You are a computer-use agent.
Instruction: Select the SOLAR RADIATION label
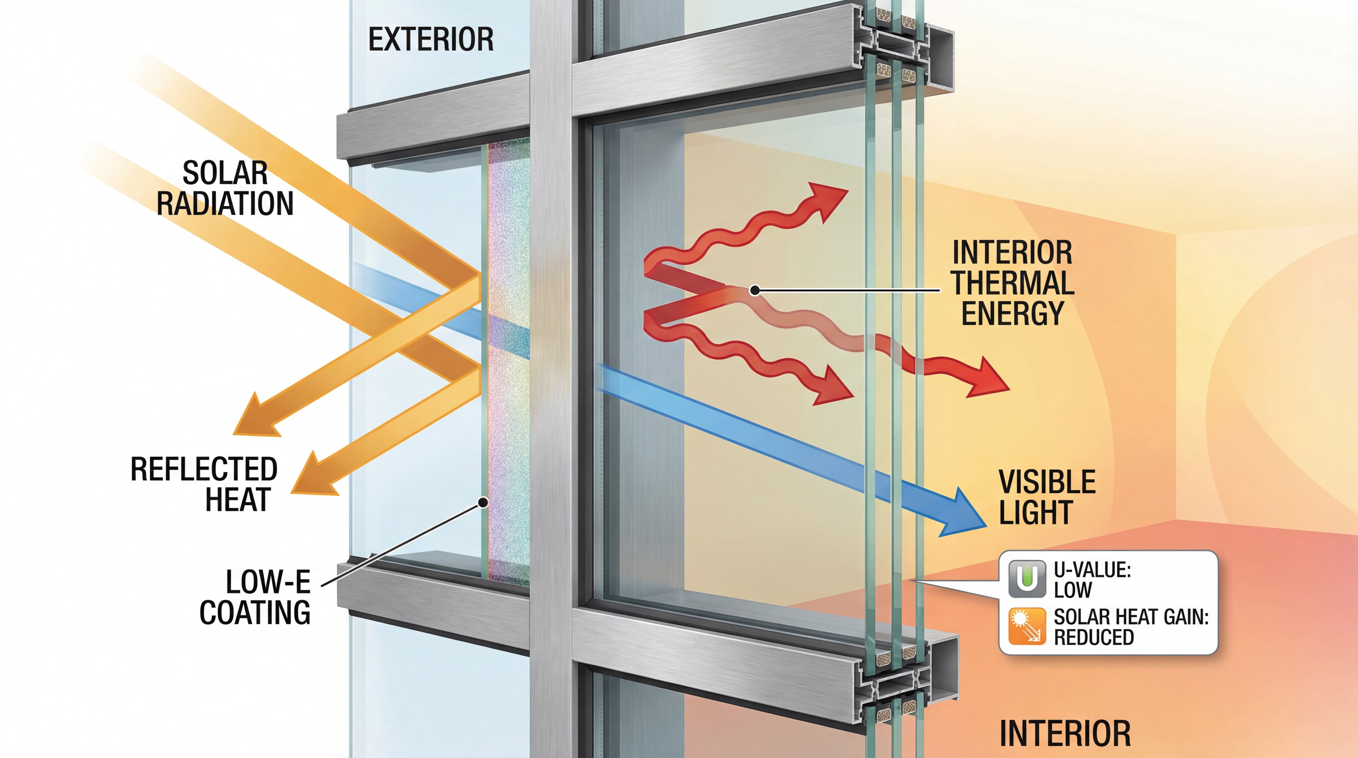(225, 188)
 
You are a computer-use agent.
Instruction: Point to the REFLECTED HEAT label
(204, 484)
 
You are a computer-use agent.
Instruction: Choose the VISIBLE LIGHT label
(1046, 497)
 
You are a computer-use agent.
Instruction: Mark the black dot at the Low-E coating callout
(482, 502)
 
